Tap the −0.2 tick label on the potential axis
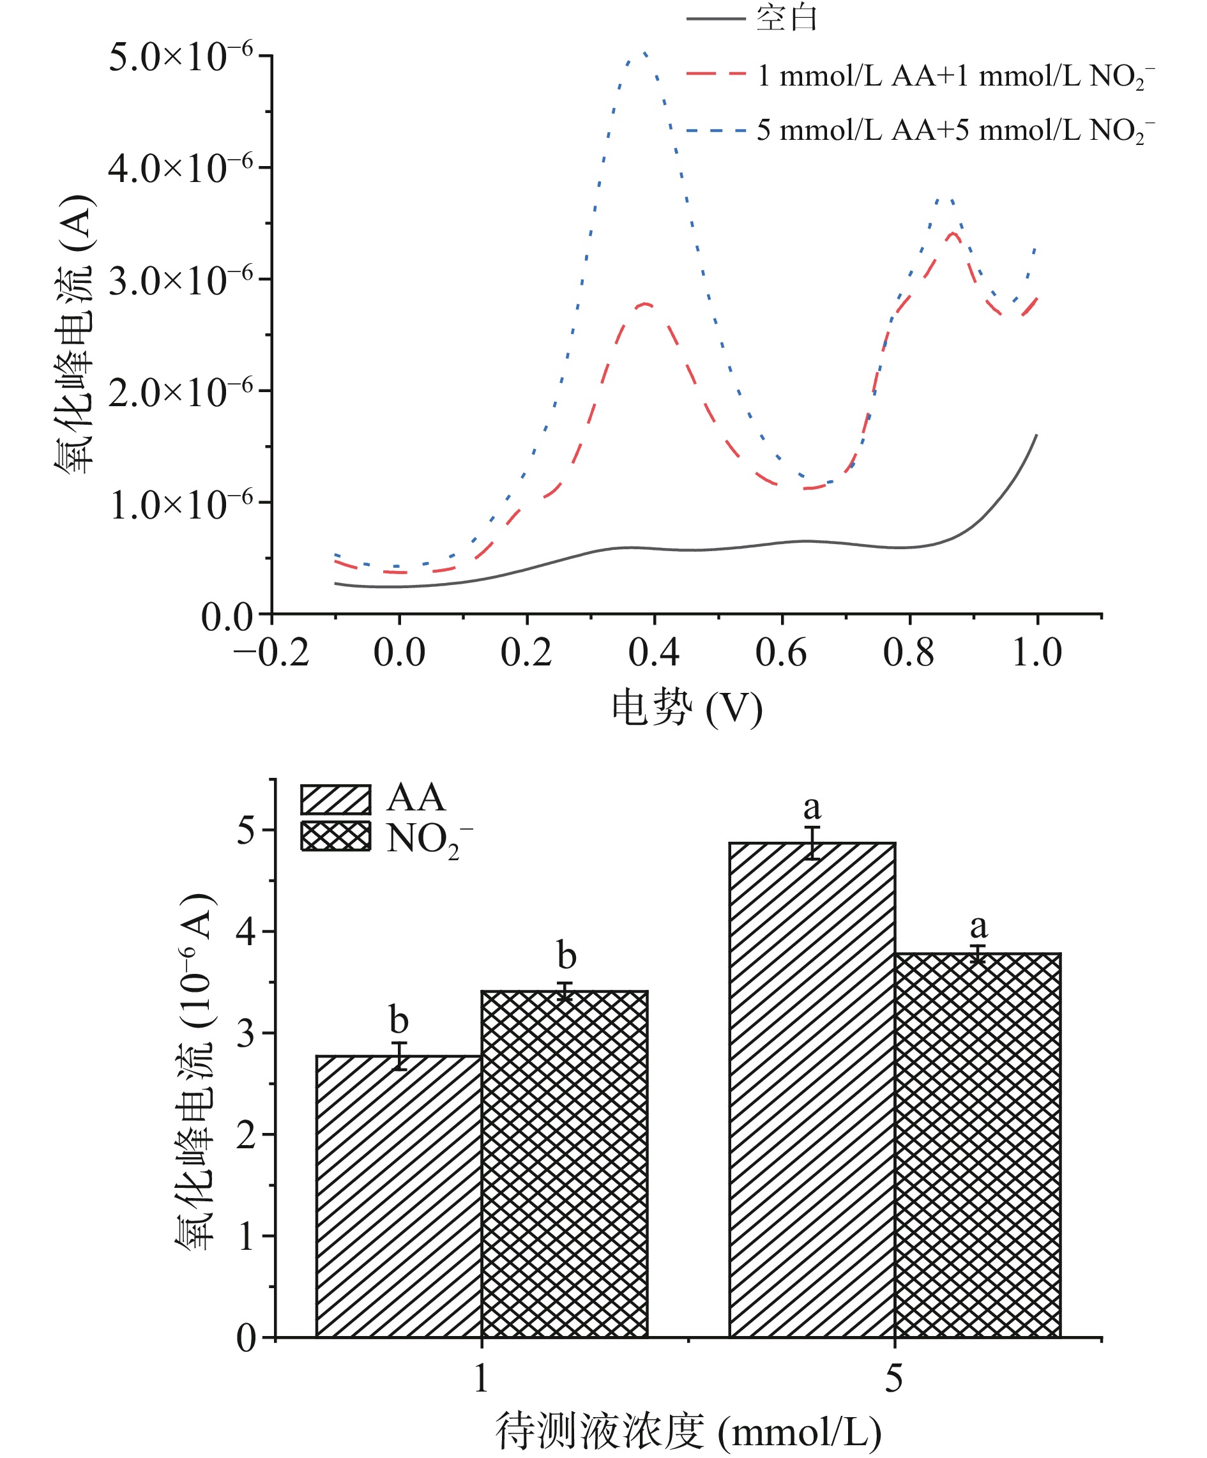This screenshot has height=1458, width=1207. pos(271,653)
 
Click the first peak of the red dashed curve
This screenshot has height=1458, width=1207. pos(646,304)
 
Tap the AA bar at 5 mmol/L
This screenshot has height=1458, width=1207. pos(812,1090)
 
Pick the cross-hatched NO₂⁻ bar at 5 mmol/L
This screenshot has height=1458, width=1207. pos(977,1146)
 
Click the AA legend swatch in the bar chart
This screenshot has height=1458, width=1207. pos(336,799)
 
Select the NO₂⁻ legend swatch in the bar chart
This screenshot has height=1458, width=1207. pos(336,836)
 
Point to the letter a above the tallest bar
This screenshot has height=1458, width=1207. pos(812,807)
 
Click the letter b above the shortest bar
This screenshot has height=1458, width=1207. pos(399,1020)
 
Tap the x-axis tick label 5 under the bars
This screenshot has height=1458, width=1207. pos(894,1378)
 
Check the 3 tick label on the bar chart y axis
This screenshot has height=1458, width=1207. pos(247,1034)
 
